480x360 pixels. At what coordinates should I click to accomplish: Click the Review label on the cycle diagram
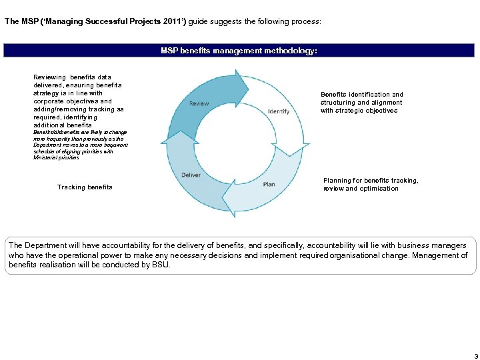pyautogui.click(x=199, y=103)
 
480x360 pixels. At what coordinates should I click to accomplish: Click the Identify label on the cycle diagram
pyautogui.click(x=278, y=111)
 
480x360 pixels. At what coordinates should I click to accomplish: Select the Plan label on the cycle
pyautogui.click(x=269, y=185)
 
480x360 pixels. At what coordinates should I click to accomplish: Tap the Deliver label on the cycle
pyautogui.click(x=191, y=175)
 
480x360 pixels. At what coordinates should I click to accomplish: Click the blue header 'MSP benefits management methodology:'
pyautogui.click(x=239, y=51)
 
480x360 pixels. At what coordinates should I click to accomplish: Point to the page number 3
pyautogui.click(x=476, y=356)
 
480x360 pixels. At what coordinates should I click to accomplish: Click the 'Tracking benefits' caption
pyautogui.click(x=85, y=187)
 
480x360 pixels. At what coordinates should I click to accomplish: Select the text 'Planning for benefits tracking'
pyautogui.click(x=371, y=181)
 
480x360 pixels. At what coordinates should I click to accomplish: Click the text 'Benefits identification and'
pyautogui.click(x=361, y=95)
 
